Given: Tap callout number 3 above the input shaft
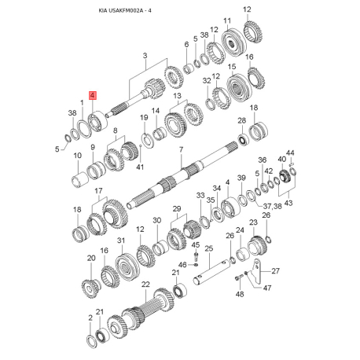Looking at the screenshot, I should [145, 55].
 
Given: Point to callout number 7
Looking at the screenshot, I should [181, 149].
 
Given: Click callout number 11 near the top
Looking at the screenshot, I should [226, 21].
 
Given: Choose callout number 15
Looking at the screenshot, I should [232, 68].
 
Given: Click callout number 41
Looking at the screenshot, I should [141, 167].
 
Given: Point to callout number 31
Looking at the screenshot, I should [121, 240].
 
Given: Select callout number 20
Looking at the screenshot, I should [90, 258].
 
